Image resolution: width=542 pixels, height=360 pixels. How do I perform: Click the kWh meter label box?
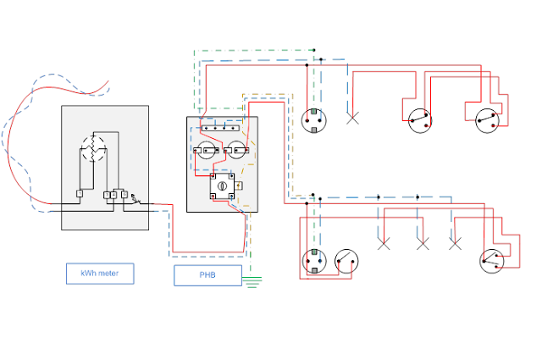point(100,274)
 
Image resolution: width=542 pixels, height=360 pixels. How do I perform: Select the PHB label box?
point(207,275)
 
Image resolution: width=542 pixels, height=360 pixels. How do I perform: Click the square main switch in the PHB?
point(223,185)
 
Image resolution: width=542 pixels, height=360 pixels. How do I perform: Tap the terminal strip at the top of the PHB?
point(221,131)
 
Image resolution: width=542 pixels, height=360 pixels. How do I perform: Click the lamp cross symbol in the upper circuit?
point(353,119)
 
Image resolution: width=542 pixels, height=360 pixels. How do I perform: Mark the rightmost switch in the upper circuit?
point(485,120)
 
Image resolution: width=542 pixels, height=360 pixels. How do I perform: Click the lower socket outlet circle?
point(314,260)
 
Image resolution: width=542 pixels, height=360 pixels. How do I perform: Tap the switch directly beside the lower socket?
point(346,260)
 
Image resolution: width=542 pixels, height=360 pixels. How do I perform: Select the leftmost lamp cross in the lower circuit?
point(384,244)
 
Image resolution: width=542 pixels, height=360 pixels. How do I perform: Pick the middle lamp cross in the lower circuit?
point(423,244)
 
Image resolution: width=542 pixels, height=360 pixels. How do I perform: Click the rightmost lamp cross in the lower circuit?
point(455,244)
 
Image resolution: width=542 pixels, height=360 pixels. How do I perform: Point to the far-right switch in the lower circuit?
point(491,260)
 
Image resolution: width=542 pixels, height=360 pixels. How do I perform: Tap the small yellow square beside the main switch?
point(241,186)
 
